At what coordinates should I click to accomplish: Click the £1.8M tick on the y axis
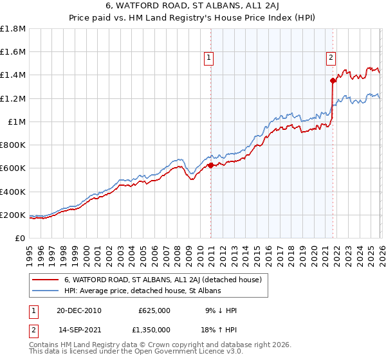[13, 28]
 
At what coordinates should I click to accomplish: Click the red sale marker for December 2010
[210, 165]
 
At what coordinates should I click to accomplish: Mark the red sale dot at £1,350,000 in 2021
[333, 80]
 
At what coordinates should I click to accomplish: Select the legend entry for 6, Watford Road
[162, 280]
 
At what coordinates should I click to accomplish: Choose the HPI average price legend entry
[142, 291]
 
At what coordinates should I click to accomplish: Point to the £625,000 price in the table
[154, 310]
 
